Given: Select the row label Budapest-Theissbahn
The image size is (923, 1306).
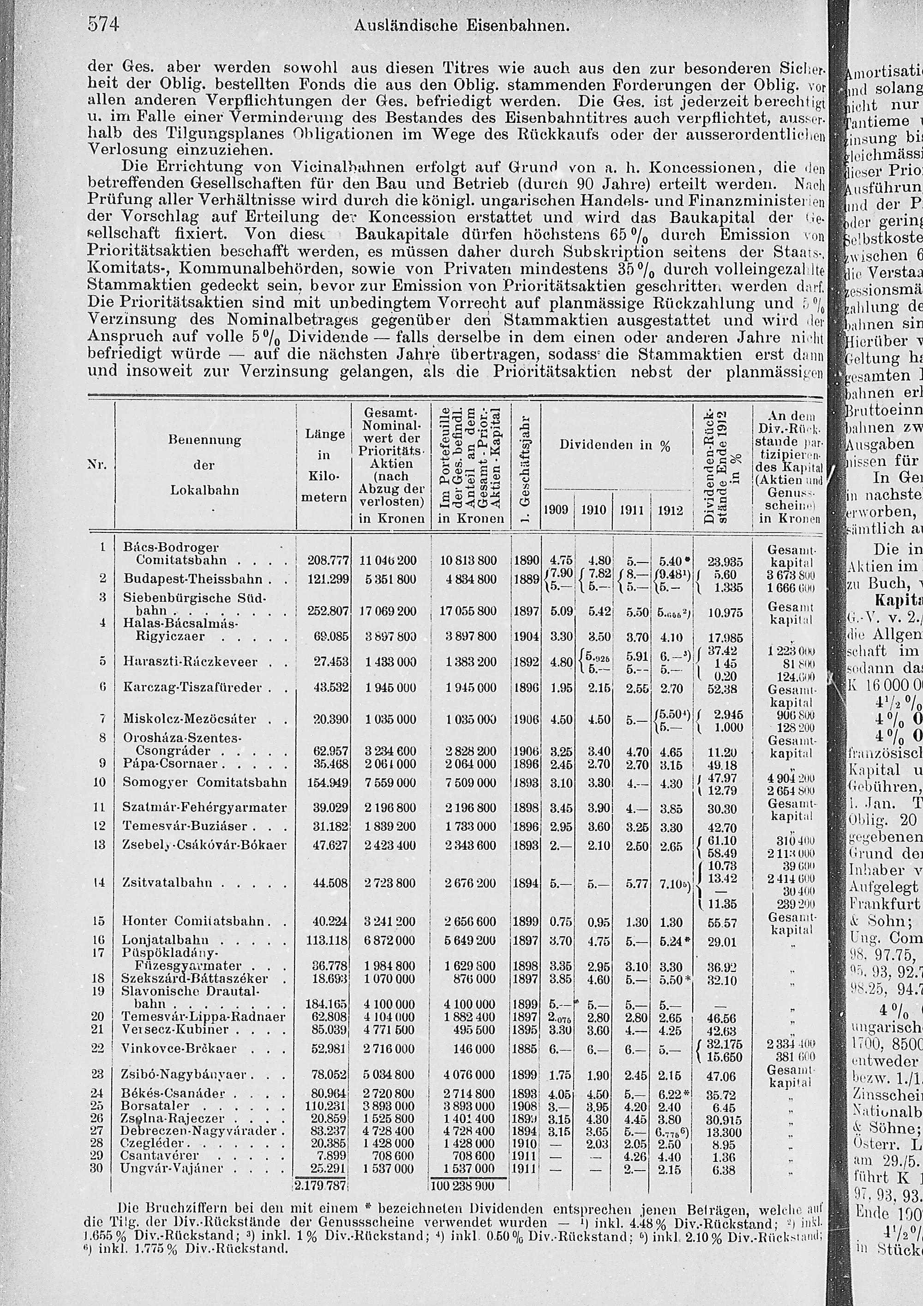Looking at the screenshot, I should coord(193,579).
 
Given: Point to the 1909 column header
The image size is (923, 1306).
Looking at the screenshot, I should coord(556,510).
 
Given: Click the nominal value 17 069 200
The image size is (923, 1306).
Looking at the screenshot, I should coord(388,611).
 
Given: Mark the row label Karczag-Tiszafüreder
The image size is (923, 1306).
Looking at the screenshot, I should coord(192,687).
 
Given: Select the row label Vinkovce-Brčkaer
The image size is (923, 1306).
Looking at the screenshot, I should coord(179,1033).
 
